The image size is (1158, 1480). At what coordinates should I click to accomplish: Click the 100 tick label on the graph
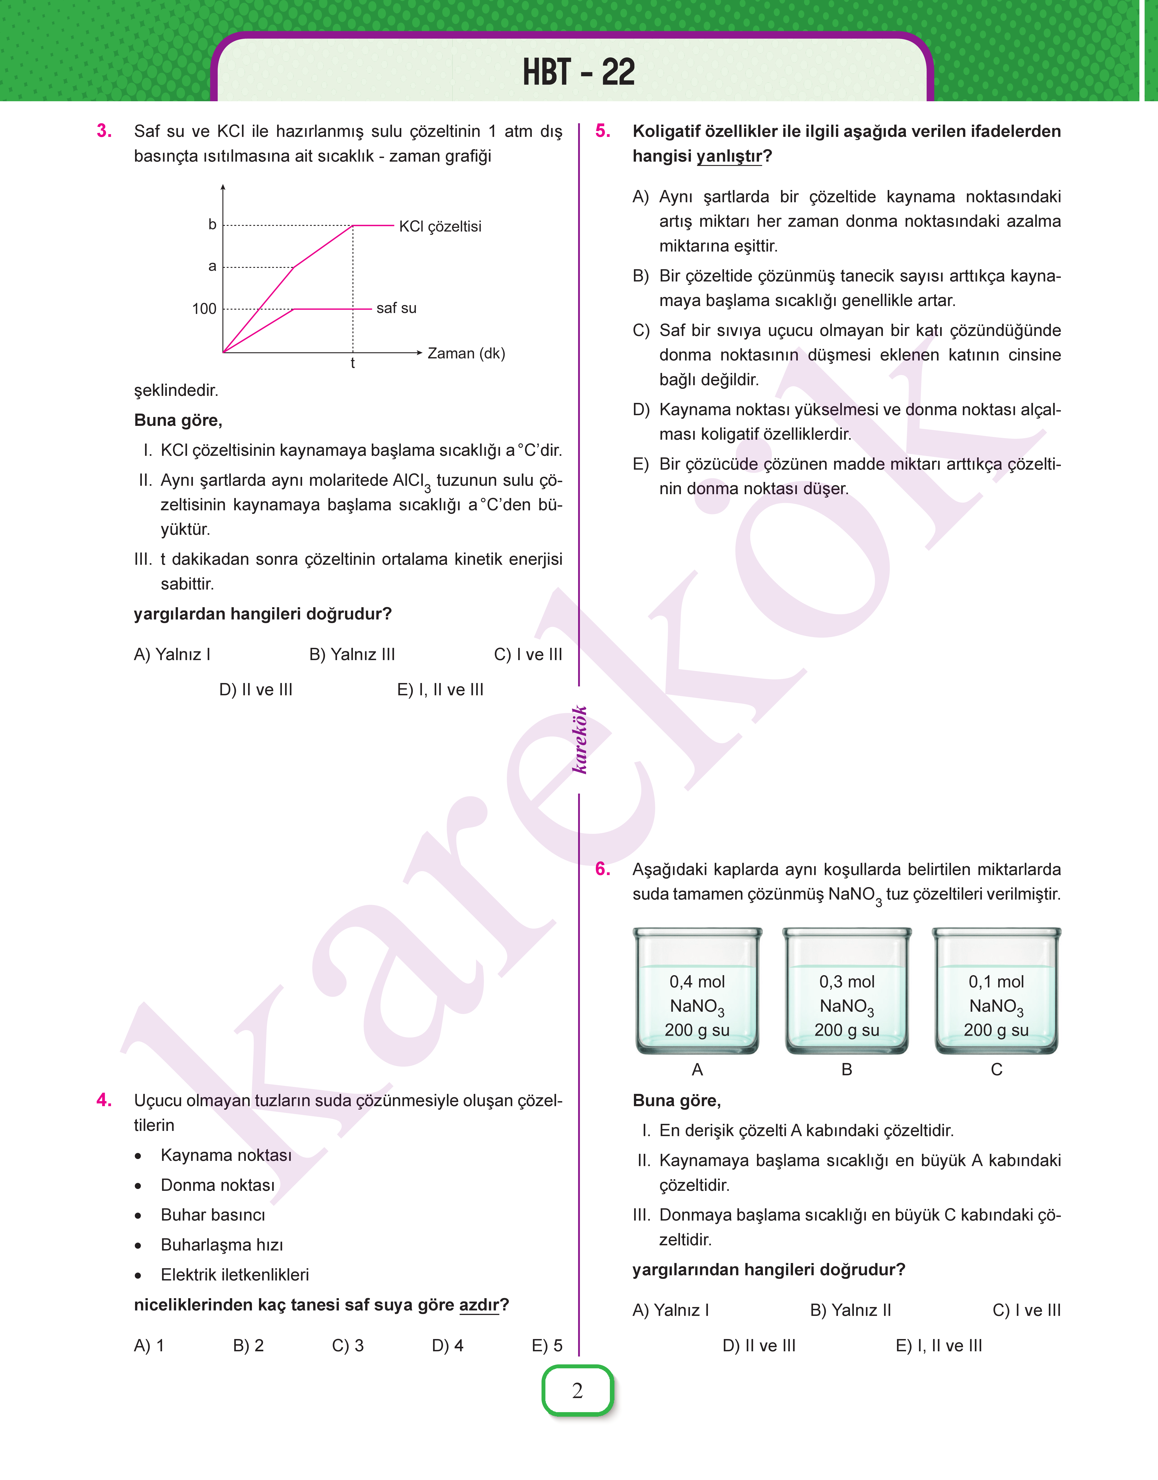(204, 309)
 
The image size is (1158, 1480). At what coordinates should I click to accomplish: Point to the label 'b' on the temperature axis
(212, 224)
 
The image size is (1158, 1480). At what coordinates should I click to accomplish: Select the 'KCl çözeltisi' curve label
(440, 227)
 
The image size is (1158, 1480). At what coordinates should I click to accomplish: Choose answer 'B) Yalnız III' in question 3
(352, 654)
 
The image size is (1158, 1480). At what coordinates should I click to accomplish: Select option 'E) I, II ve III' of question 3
(440, 689)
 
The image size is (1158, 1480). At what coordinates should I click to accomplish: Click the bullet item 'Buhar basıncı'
(213, 1215)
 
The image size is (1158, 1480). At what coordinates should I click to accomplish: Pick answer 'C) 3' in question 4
(348, 1346)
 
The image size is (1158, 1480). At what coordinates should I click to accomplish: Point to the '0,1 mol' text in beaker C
(996, 982)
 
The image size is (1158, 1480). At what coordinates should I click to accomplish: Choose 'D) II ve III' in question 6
(759, 1346)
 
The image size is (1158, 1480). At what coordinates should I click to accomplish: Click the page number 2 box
(578, 1391)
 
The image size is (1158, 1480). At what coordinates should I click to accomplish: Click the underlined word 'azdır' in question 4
(479, 1305)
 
